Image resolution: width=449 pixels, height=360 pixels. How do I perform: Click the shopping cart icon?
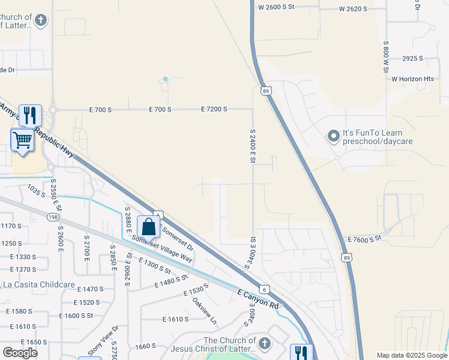coord(23,140)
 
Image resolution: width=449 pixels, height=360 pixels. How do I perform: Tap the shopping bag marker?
coord(148,227)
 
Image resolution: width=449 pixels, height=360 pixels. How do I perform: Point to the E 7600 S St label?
coord(365,239)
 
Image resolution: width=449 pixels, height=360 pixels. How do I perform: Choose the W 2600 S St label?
coord(277,7)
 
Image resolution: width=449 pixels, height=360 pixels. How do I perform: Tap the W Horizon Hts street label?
coord(412,79)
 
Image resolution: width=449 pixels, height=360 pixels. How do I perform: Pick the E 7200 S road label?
coord(214,109)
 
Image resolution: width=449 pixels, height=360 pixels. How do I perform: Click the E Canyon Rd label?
coord(259,299)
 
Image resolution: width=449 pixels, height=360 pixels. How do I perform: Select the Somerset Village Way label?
coord(162,248)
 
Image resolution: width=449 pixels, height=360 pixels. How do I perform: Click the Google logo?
coord(20,353)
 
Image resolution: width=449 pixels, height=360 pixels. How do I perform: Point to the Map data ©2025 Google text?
coord(411,355)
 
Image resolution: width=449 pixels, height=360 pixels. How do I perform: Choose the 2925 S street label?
coord(412,58)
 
